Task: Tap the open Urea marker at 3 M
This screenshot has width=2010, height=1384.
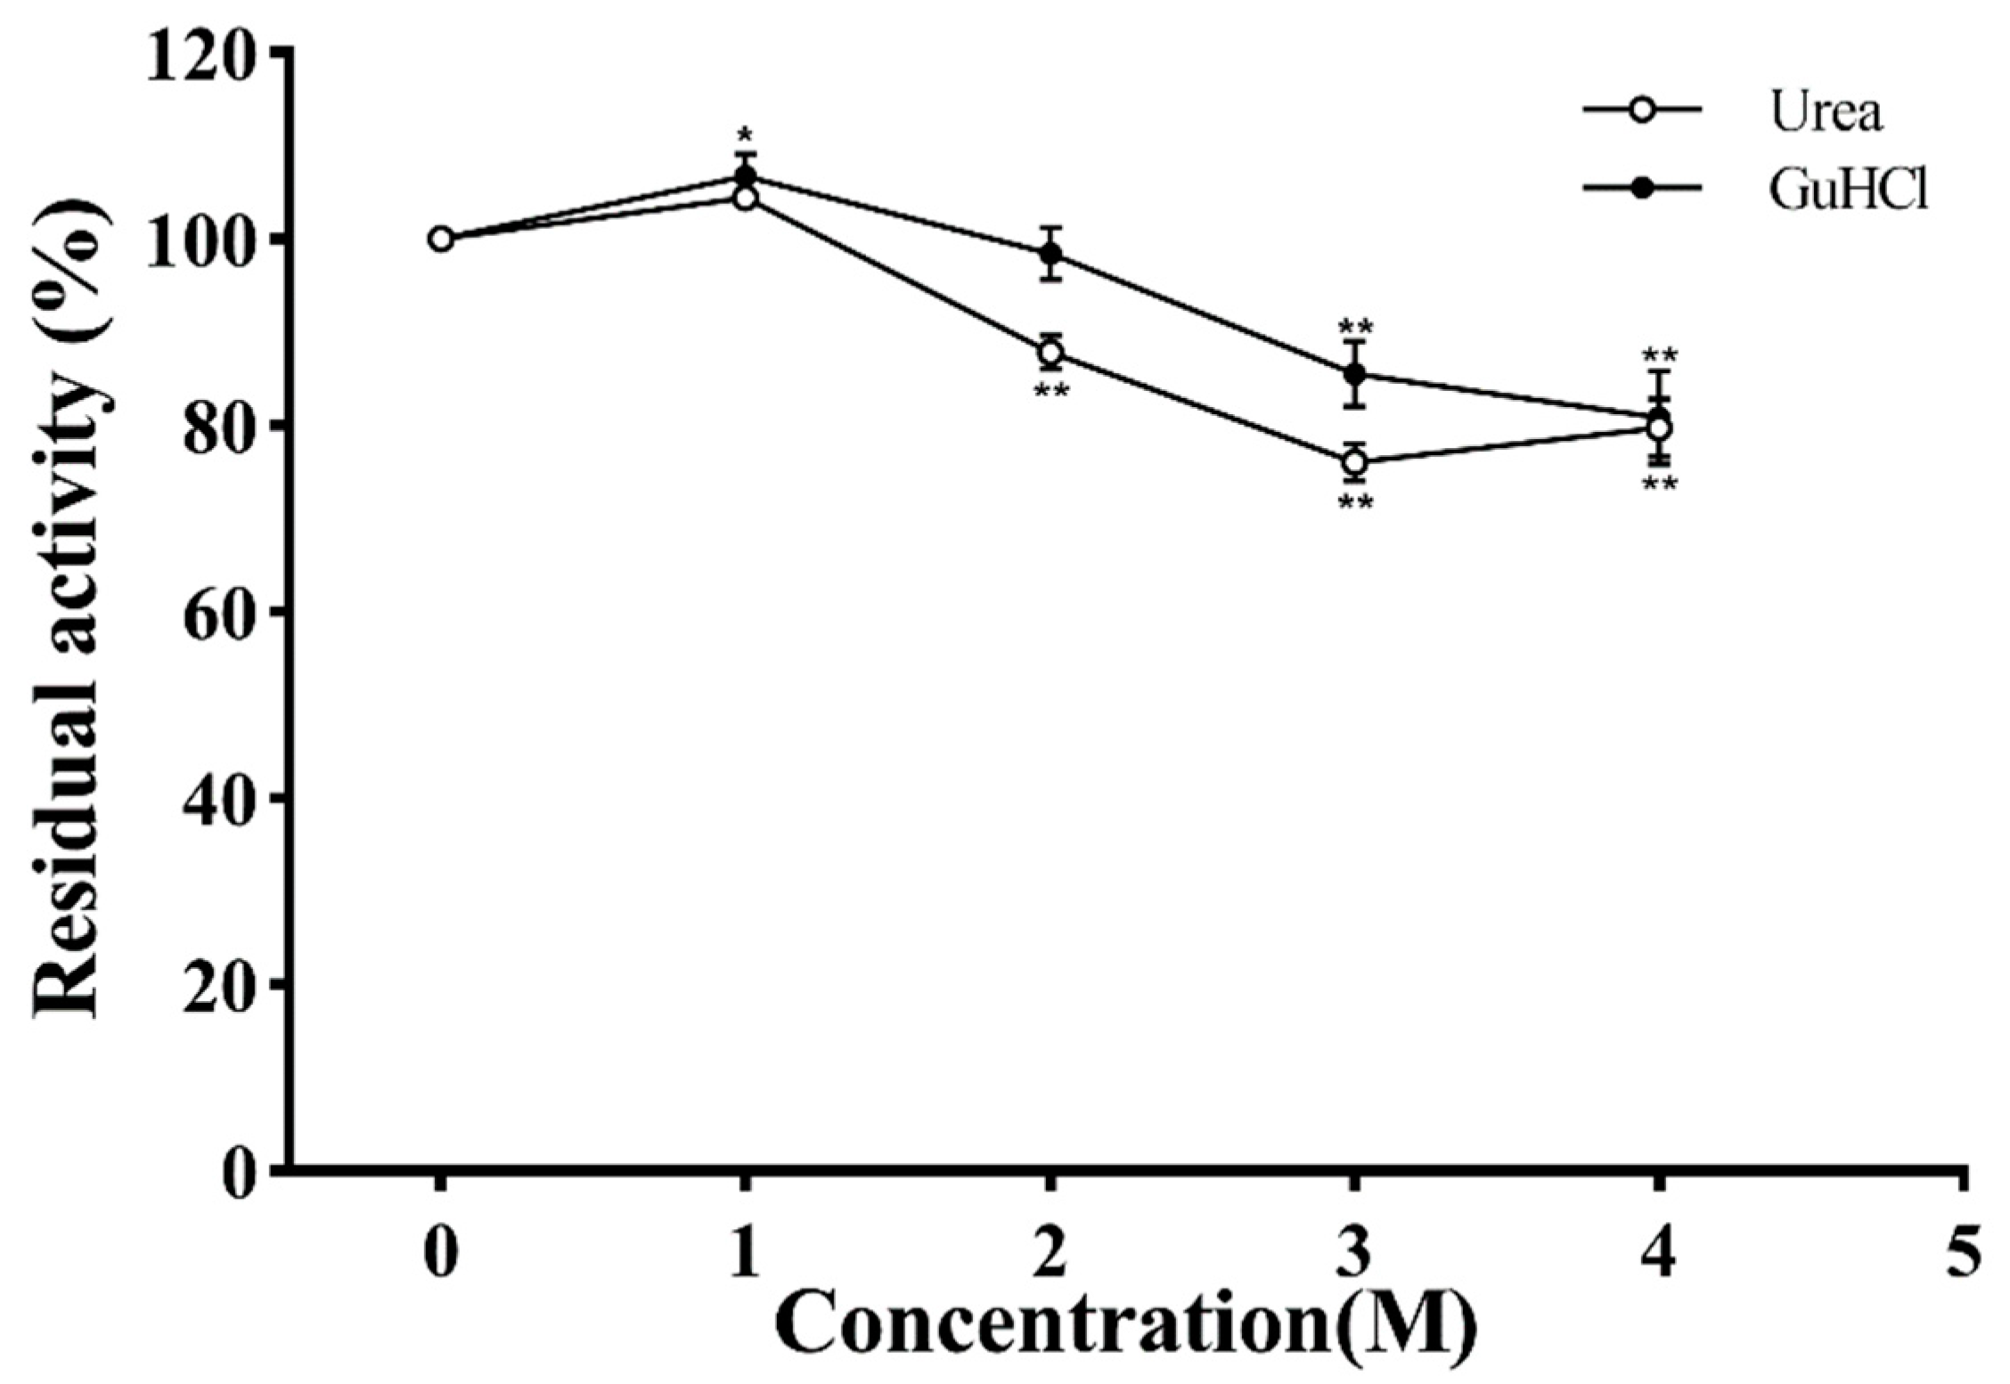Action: (1355, 462)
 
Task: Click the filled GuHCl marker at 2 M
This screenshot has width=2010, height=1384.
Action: (1051, 254)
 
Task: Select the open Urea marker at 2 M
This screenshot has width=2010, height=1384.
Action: (1051, 353)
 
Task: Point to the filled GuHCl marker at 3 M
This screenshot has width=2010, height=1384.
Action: (1355, 374)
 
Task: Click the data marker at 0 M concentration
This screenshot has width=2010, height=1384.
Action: (441, 239)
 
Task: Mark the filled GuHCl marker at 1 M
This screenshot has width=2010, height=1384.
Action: (746, 175)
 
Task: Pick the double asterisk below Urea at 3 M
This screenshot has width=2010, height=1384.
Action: (1355, 503)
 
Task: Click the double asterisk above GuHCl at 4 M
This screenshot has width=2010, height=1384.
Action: (1660, 355)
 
